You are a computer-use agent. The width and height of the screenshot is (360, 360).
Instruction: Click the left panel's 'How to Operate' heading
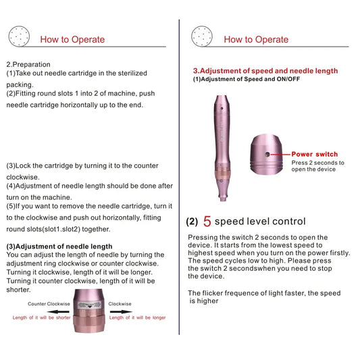pyautogui.click(x=73, y=39)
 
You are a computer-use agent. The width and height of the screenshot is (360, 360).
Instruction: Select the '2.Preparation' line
pyautogui.click(x=28, y=64)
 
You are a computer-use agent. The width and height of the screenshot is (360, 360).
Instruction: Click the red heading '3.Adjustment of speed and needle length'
pyautogui.click(x=265, y=71)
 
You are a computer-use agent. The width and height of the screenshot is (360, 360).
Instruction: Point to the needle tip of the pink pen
pyautogui.click(x=222, y=199)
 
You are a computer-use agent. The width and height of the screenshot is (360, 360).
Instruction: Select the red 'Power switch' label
pyautogui.click(x=314, y=155)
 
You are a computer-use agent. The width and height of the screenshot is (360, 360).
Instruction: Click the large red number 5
pyautogui.click(x=207, y=222)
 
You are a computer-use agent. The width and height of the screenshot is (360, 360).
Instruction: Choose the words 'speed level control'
pyautogui.click(x=260, y=222)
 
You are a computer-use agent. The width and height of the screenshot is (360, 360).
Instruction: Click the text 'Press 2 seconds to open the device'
pyautogui.click(x=317, y=166)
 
